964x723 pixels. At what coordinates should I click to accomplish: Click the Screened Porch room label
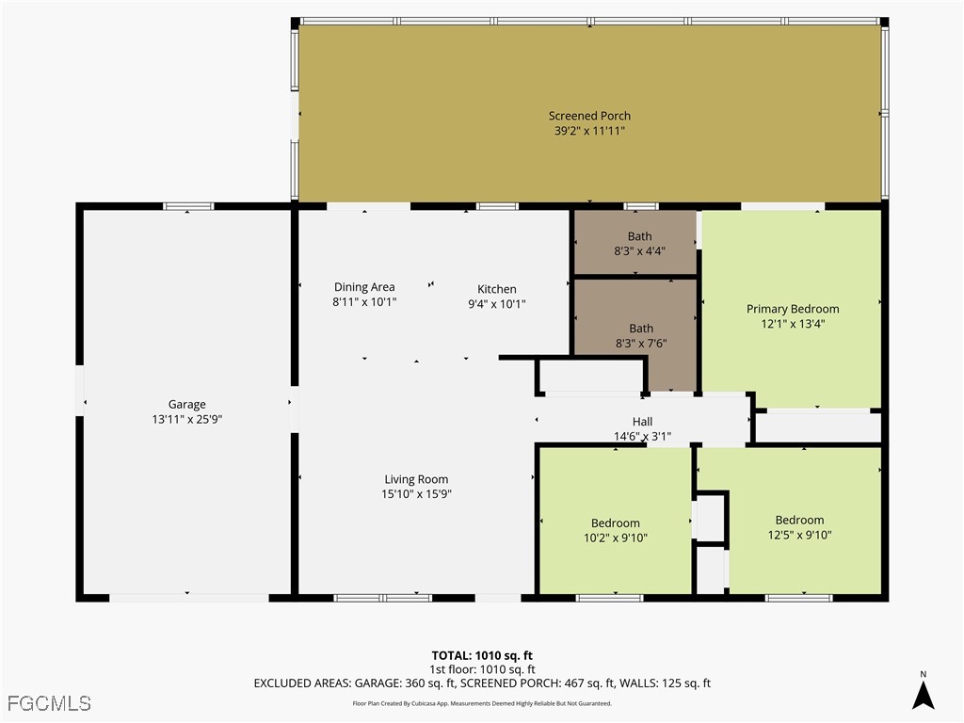click(589, 116)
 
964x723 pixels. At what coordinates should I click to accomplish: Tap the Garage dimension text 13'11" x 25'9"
click(187, 419)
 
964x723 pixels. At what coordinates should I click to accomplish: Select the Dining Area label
click(364, 287)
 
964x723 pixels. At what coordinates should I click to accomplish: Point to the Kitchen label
click(497, 289)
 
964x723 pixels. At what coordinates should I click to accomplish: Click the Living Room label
click(416, 479)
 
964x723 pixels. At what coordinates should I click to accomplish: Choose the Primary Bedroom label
click(793, 309)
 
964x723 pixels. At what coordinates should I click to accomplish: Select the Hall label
click(642, 422)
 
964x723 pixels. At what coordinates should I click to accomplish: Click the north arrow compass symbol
click(923, 690)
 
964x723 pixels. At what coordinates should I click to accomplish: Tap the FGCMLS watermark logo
click(49, 703)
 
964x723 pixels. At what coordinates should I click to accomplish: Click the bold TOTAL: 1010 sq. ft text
click(482, 655)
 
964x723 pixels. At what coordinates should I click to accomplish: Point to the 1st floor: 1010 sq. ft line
click(482, 669)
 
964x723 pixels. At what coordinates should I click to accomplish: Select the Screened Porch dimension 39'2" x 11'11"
click(589, 130)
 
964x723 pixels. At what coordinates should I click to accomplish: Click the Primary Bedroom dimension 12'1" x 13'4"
click(793, 324)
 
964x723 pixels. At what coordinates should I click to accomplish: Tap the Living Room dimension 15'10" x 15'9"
click(416, 493)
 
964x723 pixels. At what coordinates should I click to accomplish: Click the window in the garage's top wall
click(188, 206)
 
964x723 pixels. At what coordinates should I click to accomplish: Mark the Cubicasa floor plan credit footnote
click(482, 703)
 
